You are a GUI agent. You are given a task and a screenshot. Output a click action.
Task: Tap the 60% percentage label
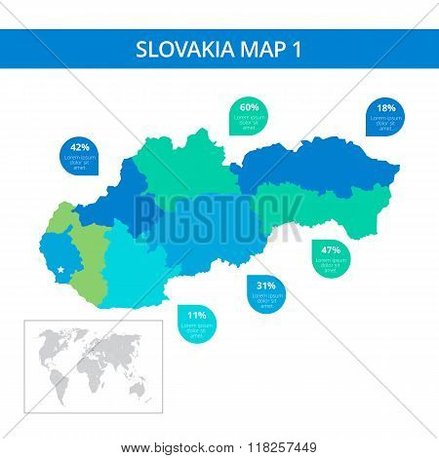(x=249, y=107)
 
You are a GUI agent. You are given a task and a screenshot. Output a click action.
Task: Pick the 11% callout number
(x=196, y=316)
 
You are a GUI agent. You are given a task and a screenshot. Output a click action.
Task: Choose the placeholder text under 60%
(x=249, y=122)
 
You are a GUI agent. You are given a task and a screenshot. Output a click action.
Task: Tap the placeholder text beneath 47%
(x=331, y=264)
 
